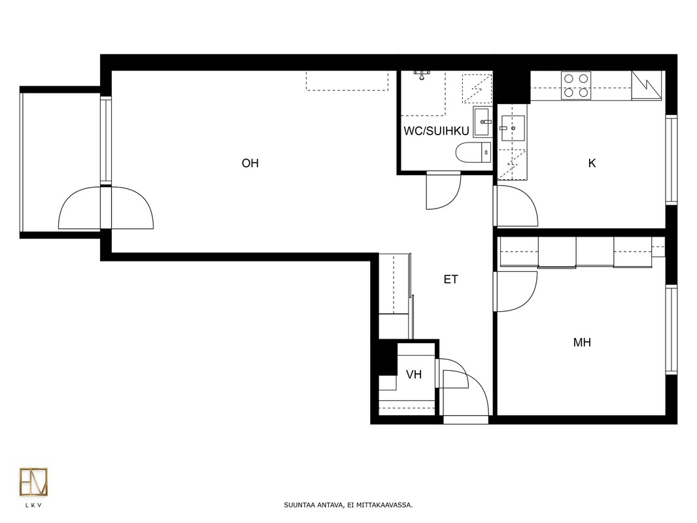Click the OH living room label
[x=250, y=163]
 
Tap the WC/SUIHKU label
[x=436, y=131]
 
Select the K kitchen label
[x=592, y=163]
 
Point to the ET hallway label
[x=450, y=280]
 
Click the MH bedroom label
[x=582, y=343]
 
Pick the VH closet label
[x=414, y=375]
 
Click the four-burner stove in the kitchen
[x=576, y=86]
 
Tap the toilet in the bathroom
[x=474, y=152]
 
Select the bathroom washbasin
[x=483, y=122]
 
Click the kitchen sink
[x=513, y=128]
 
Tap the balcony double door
[x=106, y=208]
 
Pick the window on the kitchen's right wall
[x=671, y=160]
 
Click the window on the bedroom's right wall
[x=671, y=329]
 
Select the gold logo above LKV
[x=33, y=482]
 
